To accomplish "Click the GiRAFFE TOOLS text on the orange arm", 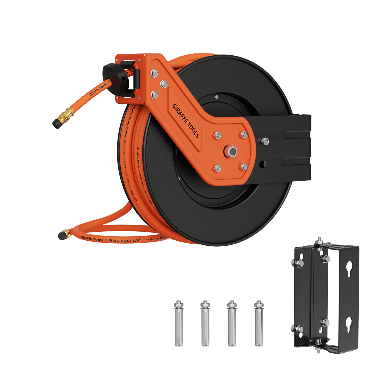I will point(186,121).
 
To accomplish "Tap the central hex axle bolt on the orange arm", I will point(231,151).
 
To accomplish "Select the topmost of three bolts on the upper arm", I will point(155,73).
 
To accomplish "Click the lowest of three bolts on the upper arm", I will point(155,94).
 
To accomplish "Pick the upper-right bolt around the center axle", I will point(244,135).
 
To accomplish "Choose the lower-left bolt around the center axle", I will point(217,168).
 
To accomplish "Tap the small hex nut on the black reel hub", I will point(216,97).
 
